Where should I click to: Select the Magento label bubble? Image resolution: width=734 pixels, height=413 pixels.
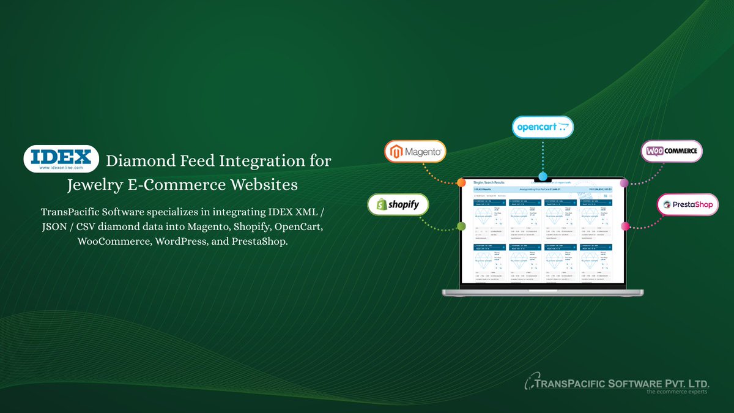[x=415, y=151]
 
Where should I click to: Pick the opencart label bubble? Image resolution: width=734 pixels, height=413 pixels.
[x=543, y=128]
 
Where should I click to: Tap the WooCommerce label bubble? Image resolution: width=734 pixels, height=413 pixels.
[x=672, y=151]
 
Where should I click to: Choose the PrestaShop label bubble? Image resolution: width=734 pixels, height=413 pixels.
[x=688, y=204]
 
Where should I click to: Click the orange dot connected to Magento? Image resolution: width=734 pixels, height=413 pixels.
[x=461, y=182]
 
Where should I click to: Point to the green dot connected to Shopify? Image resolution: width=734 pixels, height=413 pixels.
[x=461, y=226]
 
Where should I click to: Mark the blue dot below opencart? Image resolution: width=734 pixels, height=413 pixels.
[x=543, y=176]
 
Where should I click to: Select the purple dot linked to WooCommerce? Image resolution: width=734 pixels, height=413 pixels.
[x=624, y=183]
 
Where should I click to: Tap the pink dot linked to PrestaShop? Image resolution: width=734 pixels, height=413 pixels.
[x=625, y=226]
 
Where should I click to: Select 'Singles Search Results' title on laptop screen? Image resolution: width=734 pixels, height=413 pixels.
[x=489, y=182]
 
